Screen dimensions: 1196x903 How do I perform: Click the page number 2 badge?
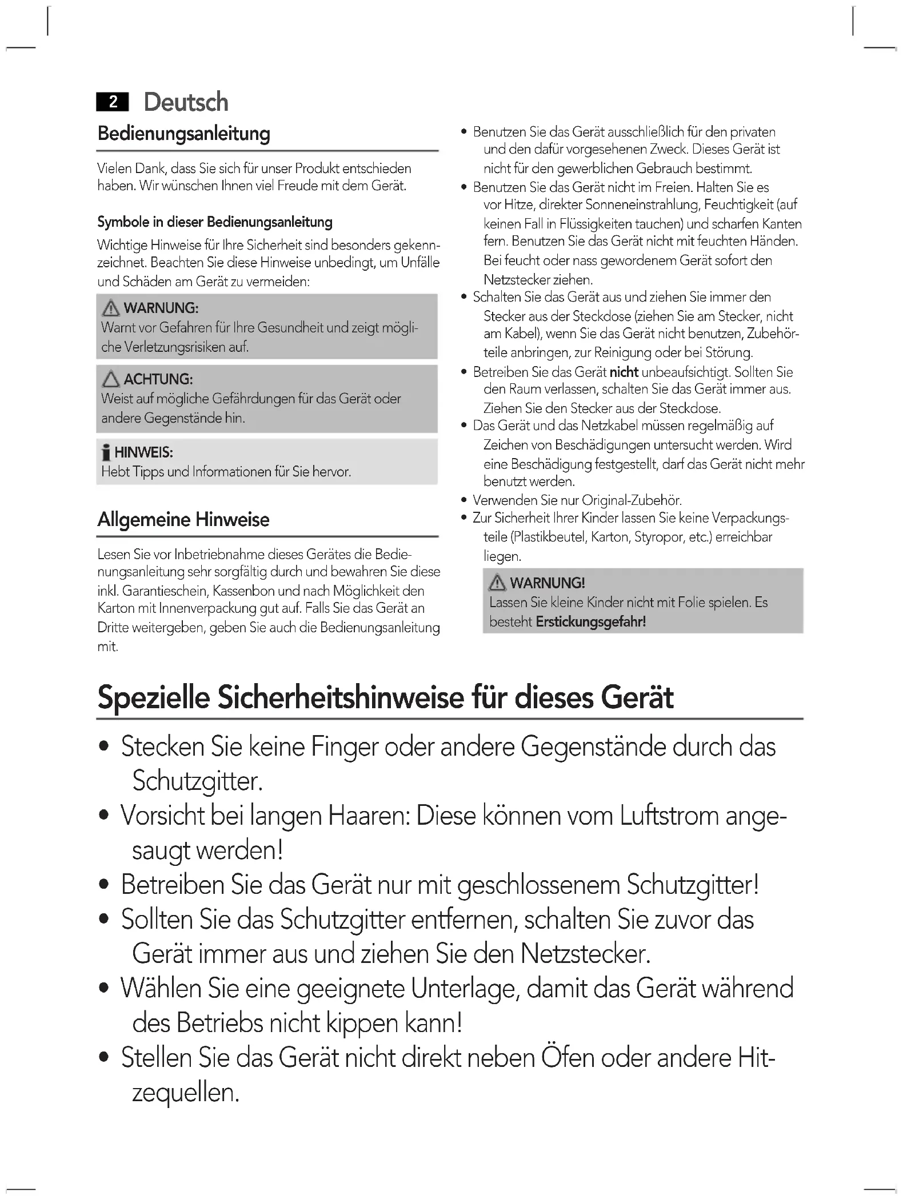(x=113, y=102)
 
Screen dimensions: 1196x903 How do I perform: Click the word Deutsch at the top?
(x=186, y=102)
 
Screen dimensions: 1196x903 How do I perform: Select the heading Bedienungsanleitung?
(x=183, y=134)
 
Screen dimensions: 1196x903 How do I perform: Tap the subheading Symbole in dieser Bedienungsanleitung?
(x=214, y=222)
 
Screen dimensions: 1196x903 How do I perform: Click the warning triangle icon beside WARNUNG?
(x=110, y=308)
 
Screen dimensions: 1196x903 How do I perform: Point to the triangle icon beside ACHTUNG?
(x=110, y=379)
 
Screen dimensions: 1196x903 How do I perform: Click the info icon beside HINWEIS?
(x=105, y=453)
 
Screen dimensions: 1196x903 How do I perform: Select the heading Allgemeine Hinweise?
(x=183, y=520)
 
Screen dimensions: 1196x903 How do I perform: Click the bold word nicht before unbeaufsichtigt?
(x=624, y=372)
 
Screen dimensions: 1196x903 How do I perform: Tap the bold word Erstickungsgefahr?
(x=590, y=621)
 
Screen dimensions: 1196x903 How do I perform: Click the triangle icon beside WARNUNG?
(x=497, y=583)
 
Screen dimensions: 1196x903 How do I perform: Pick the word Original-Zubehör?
(x=631, y=500)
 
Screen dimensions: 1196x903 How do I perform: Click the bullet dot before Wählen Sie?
(x=104, y=989)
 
